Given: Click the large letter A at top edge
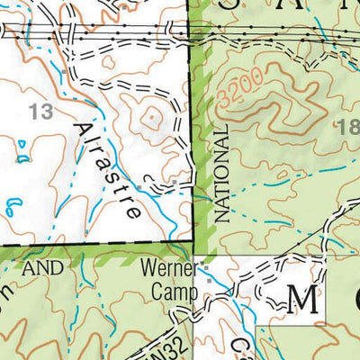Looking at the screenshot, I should pos(282,4).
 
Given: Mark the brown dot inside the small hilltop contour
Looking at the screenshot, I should pos(152,115).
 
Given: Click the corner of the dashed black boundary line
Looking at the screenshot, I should pos(193,243).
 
